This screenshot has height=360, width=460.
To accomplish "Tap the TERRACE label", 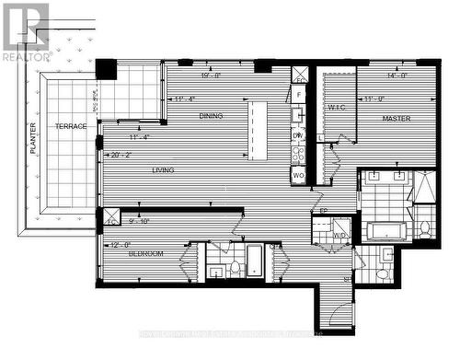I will click(x=70, y=126).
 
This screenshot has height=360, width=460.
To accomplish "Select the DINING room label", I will click(x=210, y=116).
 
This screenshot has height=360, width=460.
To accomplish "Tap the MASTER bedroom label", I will click(x=397, y=119).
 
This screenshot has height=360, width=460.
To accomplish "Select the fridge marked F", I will click(x=299, y=95).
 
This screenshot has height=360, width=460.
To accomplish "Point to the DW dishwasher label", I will click(x=297, y=135).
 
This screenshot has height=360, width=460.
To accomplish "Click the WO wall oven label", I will click(x=298, y=174).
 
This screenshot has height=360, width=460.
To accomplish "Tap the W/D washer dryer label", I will click(x=339, y=235).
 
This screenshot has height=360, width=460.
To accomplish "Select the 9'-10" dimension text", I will click(x=137, y=221).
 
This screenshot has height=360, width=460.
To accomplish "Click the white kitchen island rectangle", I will click(x=259, y=129).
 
